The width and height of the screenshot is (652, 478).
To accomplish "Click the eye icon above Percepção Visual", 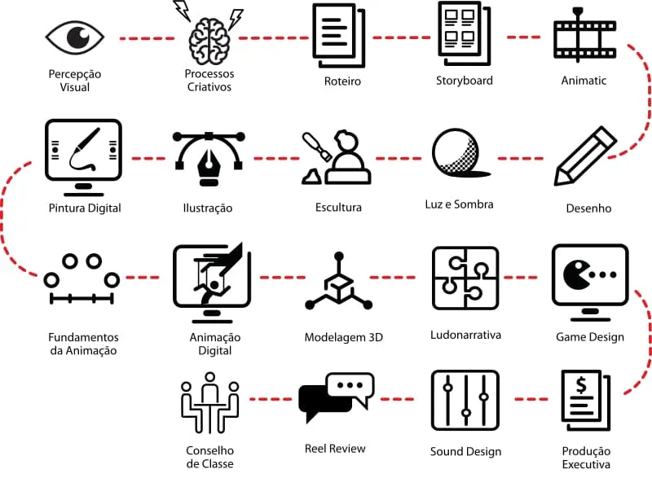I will [75, 37].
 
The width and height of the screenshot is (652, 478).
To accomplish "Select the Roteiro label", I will [342, 81].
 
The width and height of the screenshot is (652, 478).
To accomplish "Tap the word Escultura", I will [338, 208].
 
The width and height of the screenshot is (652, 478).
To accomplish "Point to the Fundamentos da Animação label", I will [83, 344].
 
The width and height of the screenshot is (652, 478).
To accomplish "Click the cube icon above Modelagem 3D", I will [337, 284].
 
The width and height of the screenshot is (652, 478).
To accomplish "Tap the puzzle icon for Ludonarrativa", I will [465, 278].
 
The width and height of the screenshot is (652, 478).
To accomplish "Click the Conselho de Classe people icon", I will [209, 402].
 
